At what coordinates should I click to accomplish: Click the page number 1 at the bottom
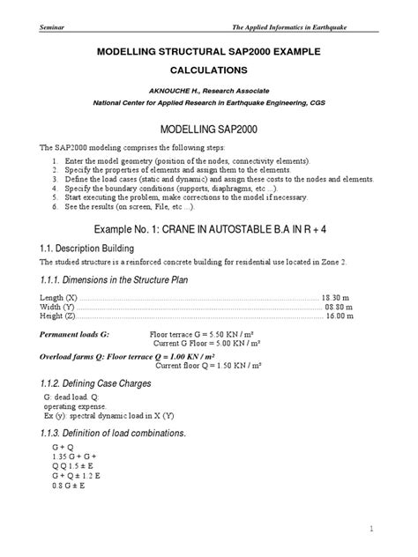tap(374, 528)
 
